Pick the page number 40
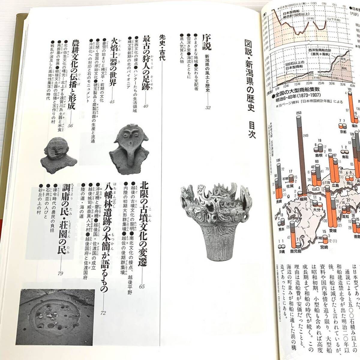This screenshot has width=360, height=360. pos(146,106)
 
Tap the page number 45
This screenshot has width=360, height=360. pos(112,102)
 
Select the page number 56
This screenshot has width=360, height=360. pos(70,126)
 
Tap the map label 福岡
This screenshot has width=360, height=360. pos(302,199)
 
